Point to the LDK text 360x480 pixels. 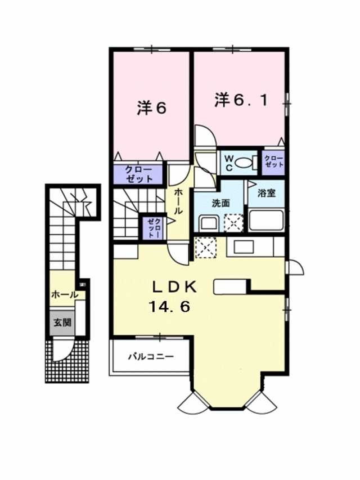tap(174, 287)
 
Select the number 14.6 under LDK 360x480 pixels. tap(169, 307)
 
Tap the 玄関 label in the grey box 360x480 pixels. tap(62, 323)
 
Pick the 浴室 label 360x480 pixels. tap(266, 194)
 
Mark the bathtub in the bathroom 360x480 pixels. tap(267, 220)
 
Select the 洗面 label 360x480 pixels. tap(220, 203)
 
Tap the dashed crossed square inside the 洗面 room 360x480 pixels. tap(232, 223)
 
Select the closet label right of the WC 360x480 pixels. tap(273, 162)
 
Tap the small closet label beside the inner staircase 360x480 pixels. tap(154, 227)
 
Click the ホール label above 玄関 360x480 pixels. tap(65, 294)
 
